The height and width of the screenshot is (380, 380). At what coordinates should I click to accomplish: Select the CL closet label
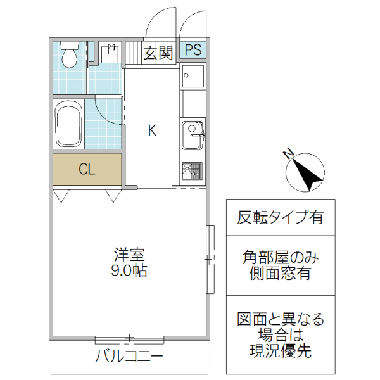point(87,169)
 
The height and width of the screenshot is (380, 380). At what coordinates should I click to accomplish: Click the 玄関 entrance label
point(158,53)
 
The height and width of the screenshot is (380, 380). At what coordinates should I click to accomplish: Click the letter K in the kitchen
point(152,131)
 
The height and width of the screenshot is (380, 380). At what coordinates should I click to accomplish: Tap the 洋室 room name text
point(130,256)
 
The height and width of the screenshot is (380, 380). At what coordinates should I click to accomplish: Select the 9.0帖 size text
point(130,271)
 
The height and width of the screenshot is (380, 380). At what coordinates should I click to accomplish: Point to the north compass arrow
point(307,173)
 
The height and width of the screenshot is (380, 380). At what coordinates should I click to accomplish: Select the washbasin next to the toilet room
point(111,53)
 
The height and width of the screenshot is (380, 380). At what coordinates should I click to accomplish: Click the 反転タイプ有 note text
point(281,217)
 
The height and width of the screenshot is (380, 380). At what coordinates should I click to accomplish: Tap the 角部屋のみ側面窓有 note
point(281,266)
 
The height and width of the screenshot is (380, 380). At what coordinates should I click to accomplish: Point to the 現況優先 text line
point(281,351)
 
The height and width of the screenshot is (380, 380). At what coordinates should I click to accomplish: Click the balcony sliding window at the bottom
point(130,338)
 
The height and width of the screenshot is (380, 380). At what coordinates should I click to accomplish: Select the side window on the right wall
point(211,259)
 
